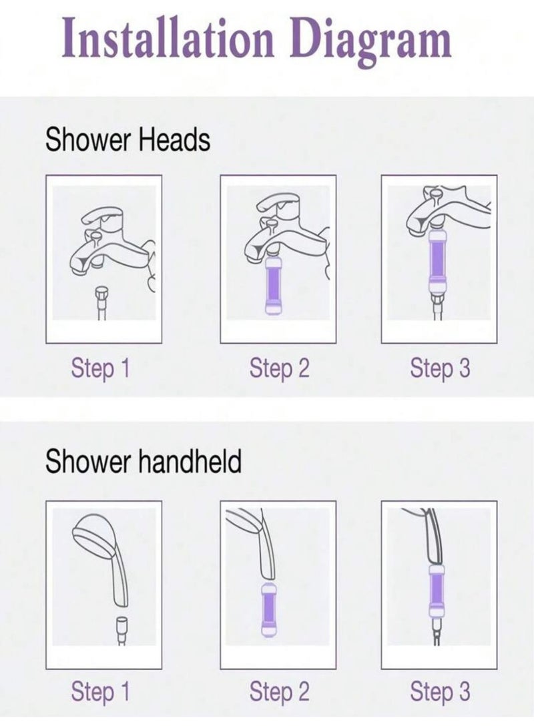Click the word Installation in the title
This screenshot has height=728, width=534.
pyautogui.click(x=168, y=37)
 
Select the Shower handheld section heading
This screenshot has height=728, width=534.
pyautogui.click(x=144, y=460)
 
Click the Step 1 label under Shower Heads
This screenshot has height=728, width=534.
pyautogui.click(x=100, y=369)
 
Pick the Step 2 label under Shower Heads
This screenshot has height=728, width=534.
pyautogui.click(x=279, y=369)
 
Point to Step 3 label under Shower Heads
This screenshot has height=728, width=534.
pyautogui.click(x=440, y=369)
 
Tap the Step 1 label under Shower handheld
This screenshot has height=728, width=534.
pyautogui.click(x=100, y=692)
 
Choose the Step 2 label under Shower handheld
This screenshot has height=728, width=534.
pyautogui.click(x=279, y=692)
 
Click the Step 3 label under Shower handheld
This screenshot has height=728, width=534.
pyautogui.click(x=440, y=692)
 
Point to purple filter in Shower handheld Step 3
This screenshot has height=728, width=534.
pyautogui.click(x=437, y=591)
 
